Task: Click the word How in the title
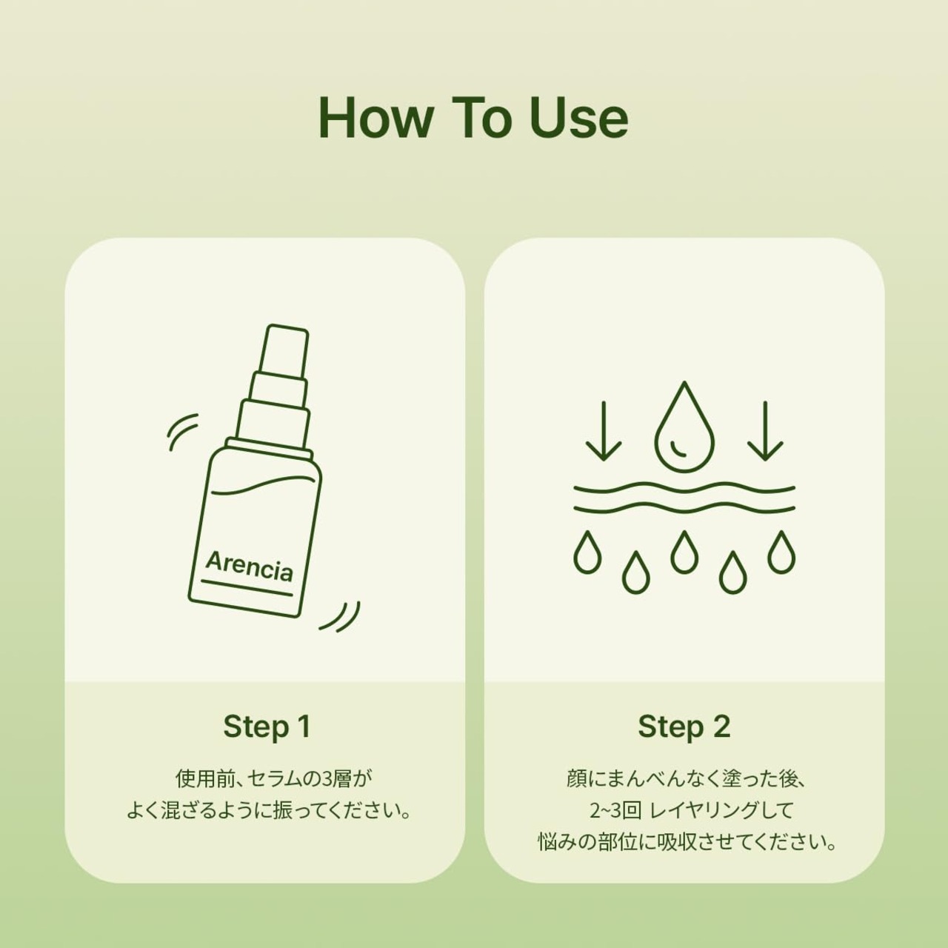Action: click(x=376, y=118)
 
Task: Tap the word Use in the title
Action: click(x=578, y=118)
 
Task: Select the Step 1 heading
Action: click(x=267, y=727)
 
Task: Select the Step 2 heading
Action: click(x=684, y=727)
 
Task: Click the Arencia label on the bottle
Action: click(x=250, y=567)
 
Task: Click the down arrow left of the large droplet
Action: click(x=604, y=431)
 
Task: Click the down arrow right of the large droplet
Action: click(x=765, y=431)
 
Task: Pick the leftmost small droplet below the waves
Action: click(x=587, y=553)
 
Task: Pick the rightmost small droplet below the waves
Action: click(x=781, y=553)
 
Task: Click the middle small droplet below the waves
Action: click(x=684, y=553)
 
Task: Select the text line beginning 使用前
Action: click(x=274, y=778)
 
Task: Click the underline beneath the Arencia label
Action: click(x=247, y=588)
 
